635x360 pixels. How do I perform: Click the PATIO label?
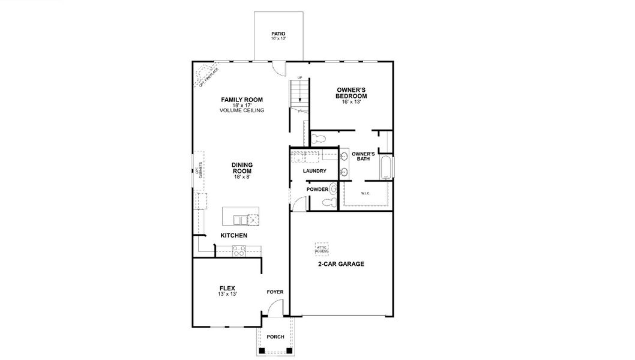click(278, 34)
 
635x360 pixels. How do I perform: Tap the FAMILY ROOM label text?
click(242, 100)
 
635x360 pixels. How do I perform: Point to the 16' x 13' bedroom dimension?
click(351, 102)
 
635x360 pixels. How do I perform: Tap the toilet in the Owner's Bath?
click(319, 139)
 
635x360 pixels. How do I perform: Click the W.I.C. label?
click(366, 193)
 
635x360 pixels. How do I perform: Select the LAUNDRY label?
click(314, 171)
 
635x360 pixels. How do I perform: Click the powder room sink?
click(333, 190)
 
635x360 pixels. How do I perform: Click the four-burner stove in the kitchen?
click(239, 251)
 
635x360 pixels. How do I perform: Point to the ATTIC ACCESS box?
click(322, 248)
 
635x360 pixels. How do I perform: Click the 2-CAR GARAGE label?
click(341, 264)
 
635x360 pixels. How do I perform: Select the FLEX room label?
click(227, 288)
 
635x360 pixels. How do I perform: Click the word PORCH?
click(275, 337)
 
